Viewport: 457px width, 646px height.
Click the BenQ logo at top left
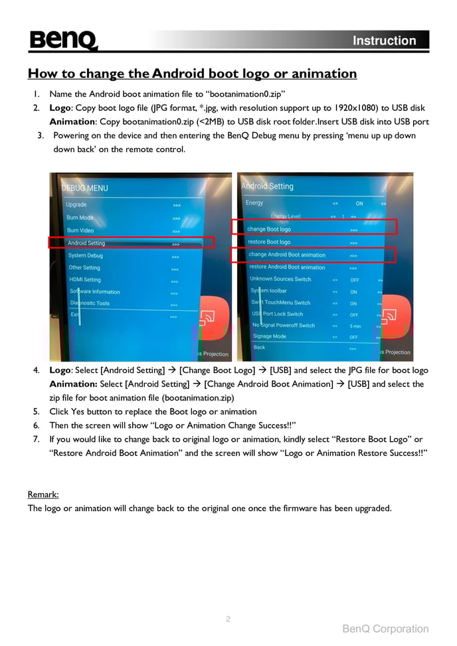tap(63, 41)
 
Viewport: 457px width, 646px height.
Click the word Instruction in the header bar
tap(384, 41)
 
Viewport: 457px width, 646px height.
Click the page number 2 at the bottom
tap(228, 619)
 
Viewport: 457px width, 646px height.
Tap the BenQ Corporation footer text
tap(385, 629)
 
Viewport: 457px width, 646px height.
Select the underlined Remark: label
tap(43, 494)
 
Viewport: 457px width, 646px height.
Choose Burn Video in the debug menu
tap(80, 231)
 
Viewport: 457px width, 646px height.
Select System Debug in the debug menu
tap(86, 255)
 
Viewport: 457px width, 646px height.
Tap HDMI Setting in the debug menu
tap(85, 280)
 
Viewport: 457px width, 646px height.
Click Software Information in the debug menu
tap(95, 292)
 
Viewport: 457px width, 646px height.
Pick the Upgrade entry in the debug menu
tap(76, 205)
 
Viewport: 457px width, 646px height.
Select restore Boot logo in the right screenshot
tap(269, 242)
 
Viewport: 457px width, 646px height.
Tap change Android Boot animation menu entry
tap(287, 255)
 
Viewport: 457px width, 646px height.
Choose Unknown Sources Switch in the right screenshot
tap(280, 279)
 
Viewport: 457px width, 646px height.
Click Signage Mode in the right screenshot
tap(270, 336)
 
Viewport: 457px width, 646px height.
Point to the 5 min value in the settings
tap(355, 326)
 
